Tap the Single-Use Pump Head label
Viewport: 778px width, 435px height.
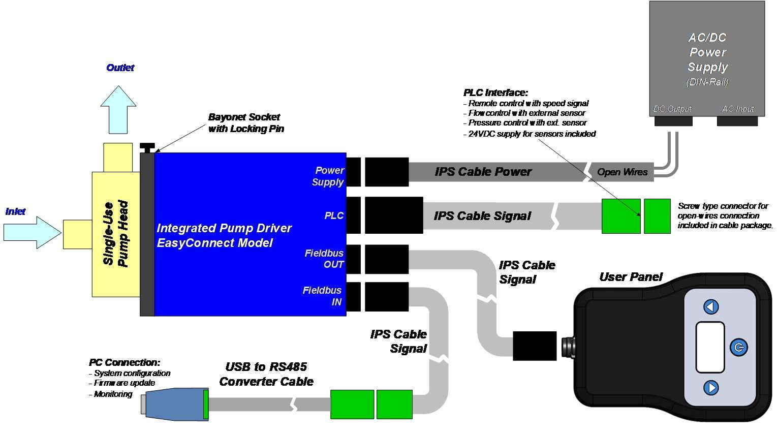click(116, 233)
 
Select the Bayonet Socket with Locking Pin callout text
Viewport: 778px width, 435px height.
click(245, 123)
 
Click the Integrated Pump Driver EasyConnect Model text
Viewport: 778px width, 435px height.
click(224, 235)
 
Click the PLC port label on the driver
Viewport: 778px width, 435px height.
click(334, 215)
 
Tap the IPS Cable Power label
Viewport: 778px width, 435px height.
click(483, 172)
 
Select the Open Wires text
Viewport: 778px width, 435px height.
click(622, 172)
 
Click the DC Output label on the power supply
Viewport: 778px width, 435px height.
click(672, 109)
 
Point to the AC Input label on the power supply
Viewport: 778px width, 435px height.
click(738, 109)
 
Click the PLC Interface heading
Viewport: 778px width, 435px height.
click(495, 92)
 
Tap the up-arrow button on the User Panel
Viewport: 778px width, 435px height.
click(711, 307)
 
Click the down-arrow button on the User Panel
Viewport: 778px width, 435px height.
click(711, 388)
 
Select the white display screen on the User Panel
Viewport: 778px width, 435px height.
click(710, 347)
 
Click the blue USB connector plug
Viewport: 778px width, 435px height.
click(175, 405)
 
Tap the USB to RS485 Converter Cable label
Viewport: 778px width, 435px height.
click(266, 374)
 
